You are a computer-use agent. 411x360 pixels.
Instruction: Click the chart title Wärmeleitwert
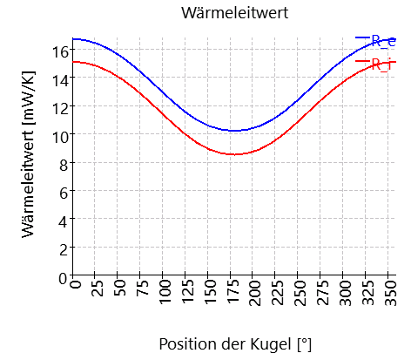[x=233, y=13]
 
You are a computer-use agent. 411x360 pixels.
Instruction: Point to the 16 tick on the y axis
[x=60, y=51]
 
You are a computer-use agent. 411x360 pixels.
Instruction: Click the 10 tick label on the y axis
[x=60, y=136]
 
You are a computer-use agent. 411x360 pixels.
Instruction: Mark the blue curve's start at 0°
[x=76, y=39]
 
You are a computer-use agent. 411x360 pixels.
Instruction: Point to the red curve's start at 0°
[x=76, y=62]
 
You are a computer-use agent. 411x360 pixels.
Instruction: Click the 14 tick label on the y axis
[x=60, y=79]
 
